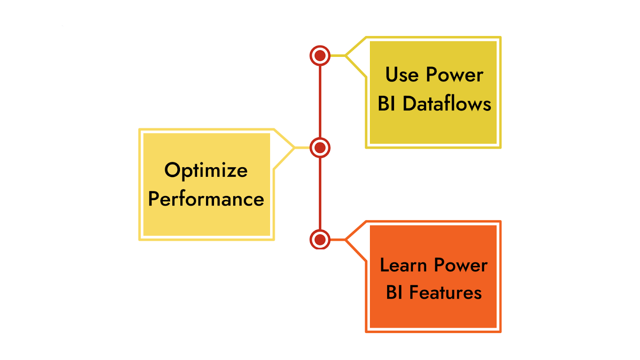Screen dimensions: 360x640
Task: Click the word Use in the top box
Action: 402,75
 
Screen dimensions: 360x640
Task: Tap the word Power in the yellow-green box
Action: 454,75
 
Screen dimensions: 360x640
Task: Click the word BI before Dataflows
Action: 386,104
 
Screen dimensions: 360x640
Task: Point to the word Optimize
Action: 206,171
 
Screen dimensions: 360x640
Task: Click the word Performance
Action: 206,199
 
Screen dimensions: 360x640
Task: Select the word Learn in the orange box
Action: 403,265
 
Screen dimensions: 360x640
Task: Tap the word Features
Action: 445,293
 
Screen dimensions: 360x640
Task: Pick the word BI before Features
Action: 394,293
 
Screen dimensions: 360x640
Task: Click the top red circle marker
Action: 320,56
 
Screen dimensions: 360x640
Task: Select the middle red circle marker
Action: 320,148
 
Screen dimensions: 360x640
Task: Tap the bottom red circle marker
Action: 320,240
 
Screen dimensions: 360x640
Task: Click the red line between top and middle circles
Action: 320,102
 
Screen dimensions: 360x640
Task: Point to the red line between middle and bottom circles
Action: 320,194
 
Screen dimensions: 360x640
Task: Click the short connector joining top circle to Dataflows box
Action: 338,56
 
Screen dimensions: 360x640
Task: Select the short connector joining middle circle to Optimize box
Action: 302,148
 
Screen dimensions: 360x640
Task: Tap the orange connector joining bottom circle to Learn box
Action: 338,240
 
